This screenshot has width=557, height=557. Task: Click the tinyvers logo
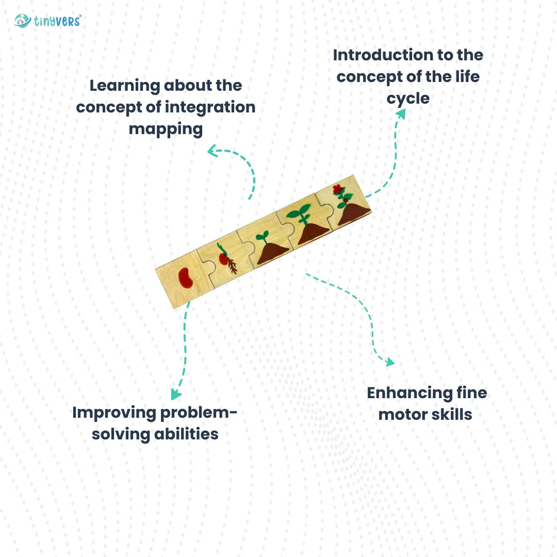tap(48, 21)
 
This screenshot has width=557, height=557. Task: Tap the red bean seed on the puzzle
tap(186, 278)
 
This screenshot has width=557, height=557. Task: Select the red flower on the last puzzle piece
tap(338, 189)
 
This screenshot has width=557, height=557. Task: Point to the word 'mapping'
tap(166, 128)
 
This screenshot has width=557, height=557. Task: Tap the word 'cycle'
tap(408, 98)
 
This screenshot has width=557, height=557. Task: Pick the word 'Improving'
tap(114, 413)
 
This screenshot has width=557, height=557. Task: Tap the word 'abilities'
tap(186, 434)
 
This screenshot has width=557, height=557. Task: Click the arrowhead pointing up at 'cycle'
tap(400, 114)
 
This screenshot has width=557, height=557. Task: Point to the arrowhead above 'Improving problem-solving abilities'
tap(176, 395)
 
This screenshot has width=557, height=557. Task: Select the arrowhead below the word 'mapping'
tap(212, 151)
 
